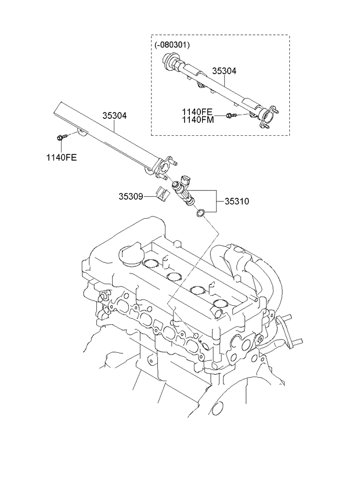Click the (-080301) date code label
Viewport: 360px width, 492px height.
[x=172, y=44]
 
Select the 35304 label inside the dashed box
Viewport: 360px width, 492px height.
[x=224, y=71]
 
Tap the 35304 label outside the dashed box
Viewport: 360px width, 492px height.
[x=115, y=115]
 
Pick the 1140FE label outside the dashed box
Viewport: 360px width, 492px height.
[x=62, y=157]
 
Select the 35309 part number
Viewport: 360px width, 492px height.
[x=131, y=197]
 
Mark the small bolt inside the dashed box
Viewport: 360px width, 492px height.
[x=230, y=115]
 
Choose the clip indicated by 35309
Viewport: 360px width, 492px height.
[x=161, y=194]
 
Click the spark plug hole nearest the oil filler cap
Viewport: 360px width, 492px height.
[x=151, y=266]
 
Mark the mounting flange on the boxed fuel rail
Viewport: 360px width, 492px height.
[x=267, y=115]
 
